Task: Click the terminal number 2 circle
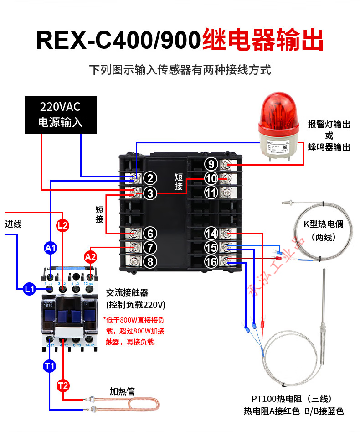151,178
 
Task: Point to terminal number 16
211,262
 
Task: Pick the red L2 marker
63,224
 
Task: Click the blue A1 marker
51,248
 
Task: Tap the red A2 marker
91,257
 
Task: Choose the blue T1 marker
50,365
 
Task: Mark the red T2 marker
63,386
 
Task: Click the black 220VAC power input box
61,115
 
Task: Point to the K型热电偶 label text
323,224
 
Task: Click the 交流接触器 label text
127,292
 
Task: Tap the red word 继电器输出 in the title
262,40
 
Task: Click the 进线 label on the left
13,224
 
